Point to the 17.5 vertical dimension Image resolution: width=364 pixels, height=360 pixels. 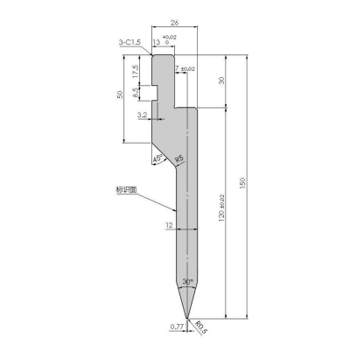pos(136,69)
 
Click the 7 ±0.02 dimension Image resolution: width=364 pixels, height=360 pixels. pos(185,67)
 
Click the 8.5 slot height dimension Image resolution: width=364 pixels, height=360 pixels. pos(135,91)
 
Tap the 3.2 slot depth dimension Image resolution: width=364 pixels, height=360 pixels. pos(142,115)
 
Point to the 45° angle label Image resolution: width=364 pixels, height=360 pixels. pos(157,159)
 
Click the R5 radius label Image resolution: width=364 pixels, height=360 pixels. pos(178,158)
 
